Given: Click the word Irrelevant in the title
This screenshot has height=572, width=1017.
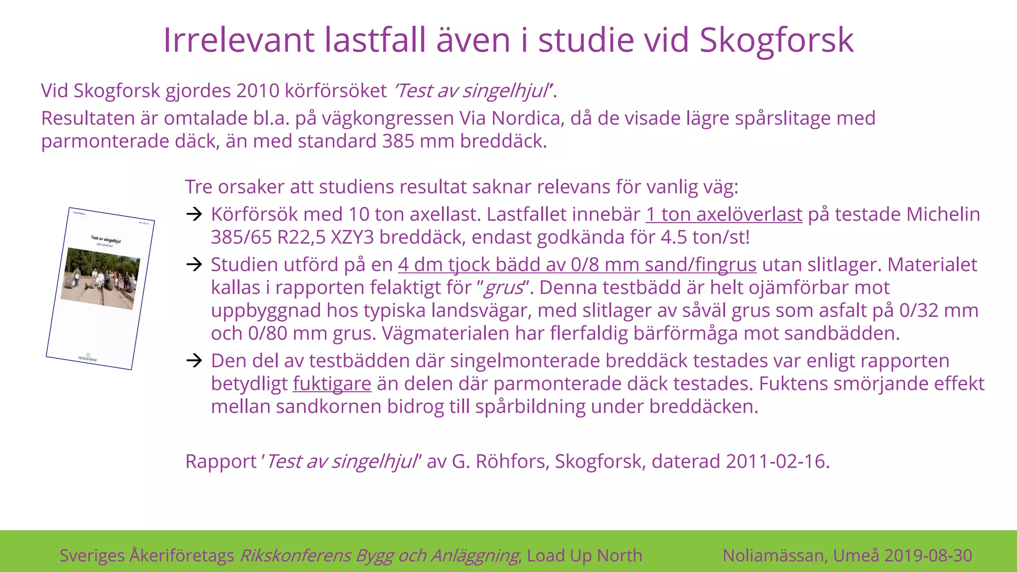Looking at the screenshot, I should click(238, 40).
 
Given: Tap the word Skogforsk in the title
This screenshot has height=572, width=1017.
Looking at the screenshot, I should click(777, 40).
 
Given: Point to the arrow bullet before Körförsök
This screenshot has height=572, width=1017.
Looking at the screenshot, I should click(194, 214).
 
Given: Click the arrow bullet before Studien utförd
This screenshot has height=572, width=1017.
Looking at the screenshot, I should click(194, 265).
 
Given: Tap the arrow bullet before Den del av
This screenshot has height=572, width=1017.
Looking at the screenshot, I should click(194, 360).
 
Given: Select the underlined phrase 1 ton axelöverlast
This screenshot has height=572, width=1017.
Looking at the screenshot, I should click(724, 214).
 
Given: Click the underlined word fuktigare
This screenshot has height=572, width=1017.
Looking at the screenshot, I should click(332, 384).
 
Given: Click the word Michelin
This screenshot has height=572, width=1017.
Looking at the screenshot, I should click(943, 214).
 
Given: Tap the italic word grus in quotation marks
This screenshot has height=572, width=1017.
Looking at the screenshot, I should click(504, 287).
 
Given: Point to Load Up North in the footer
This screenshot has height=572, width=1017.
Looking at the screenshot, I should click(584, 555).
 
